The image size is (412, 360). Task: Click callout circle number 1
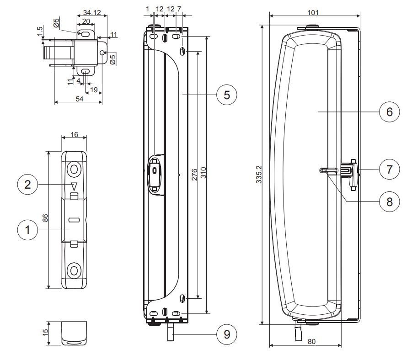coord(27,230)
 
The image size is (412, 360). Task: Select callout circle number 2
coord(27,185)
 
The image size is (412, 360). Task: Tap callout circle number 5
coord(227,95)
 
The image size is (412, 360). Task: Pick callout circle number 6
coord(390,111)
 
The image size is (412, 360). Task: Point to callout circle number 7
coord(390,169)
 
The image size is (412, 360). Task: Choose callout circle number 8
coord(390,201)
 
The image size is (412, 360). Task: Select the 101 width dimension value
coord(313,12)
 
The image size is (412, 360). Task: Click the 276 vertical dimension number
coord(194,175)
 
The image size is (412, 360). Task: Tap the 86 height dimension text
coord(45,219)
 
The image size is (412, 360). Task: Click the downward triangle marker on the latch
coord(73,186)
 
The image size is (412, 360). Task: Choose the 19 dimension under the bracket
coord(94,90)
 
